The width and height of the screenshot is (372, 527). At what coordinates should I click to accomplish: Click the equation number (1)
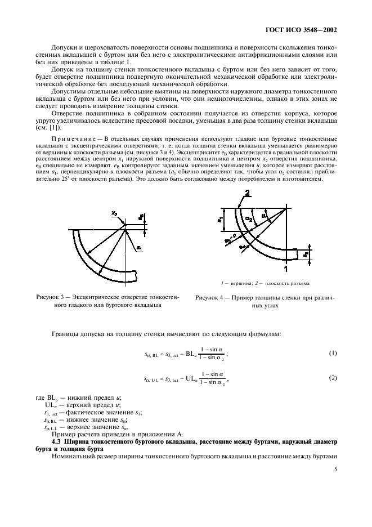point(333,354)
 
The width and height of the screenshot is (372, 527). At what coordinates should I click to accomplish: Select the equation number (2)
point(333,378)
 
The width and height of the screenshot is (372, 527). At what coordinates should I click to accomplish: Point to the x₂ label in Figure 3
point(114,214)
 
